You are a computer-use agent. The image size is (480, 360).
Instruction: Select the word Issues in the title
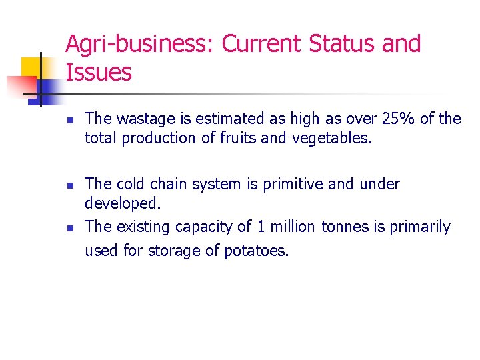pyautogui.click(x=99, y=73)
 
